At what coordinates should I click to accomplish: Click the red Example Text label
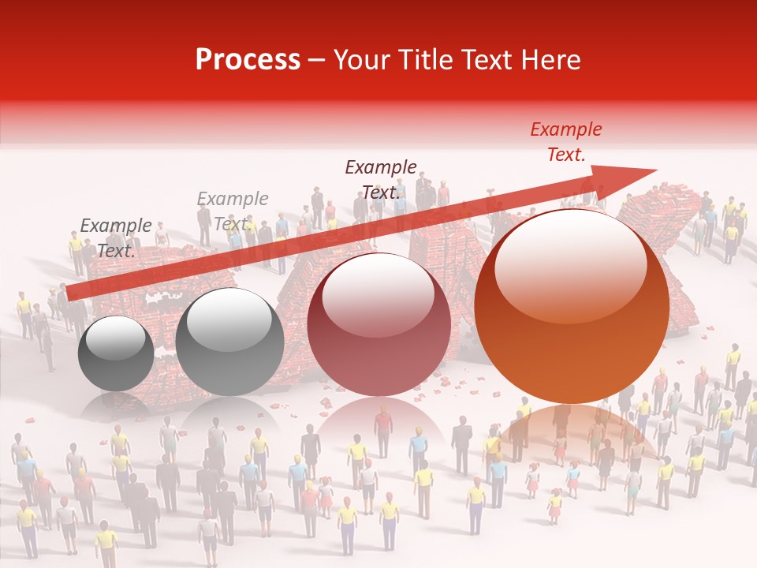click(565, 142)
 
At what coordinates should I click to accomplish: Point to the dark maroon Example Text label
click(381, 180)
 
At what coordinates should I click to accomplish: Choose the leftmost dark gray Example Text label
click(116, 238)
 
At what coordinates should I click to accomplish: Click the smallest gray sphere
click(116, 353)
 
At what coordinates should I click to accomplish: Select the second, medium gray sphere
click(229, 342)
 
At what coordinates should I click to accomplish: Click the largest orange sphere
click(572, 316)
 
